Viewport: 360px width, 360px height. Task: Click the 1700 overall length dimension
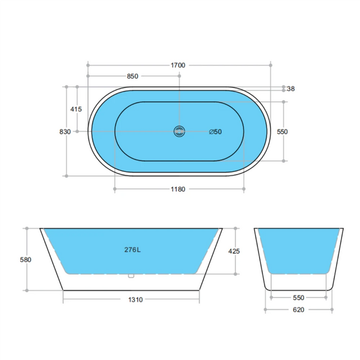178,65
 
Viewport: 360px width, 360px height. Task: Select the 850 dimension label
132,76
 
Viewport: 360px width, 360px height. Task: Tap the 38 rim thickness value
291,89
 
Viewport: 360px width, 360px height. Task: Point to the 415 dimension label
76,109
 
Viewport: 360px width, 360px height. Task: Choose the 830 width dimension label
65,131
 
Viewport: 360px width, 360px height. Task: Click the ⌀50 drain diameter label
215,132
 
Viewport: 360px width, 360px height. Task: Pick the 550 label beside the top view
282,132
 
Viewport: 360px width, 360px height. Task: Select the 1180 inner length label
178,189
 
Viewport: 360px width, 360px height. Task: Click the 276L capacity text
132,250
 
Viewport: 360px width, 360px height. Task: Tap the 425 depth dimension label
234,251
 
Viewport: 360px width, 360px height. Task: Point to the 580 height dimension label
26,260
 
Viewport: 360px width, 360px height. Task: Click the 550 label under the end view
298,297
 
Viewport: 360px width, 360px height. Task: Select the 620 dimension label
298,310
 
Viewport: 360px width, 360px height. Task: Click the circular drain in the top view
179,132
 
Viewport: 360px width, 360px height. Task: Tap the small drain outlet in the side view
132,275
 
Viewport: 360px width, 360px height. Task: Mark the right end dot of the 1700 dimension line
271,65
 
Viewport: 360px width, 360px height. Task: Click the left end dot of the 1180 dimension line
115,189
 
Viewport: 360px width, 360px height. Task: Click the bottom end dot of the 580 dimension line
26,290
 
